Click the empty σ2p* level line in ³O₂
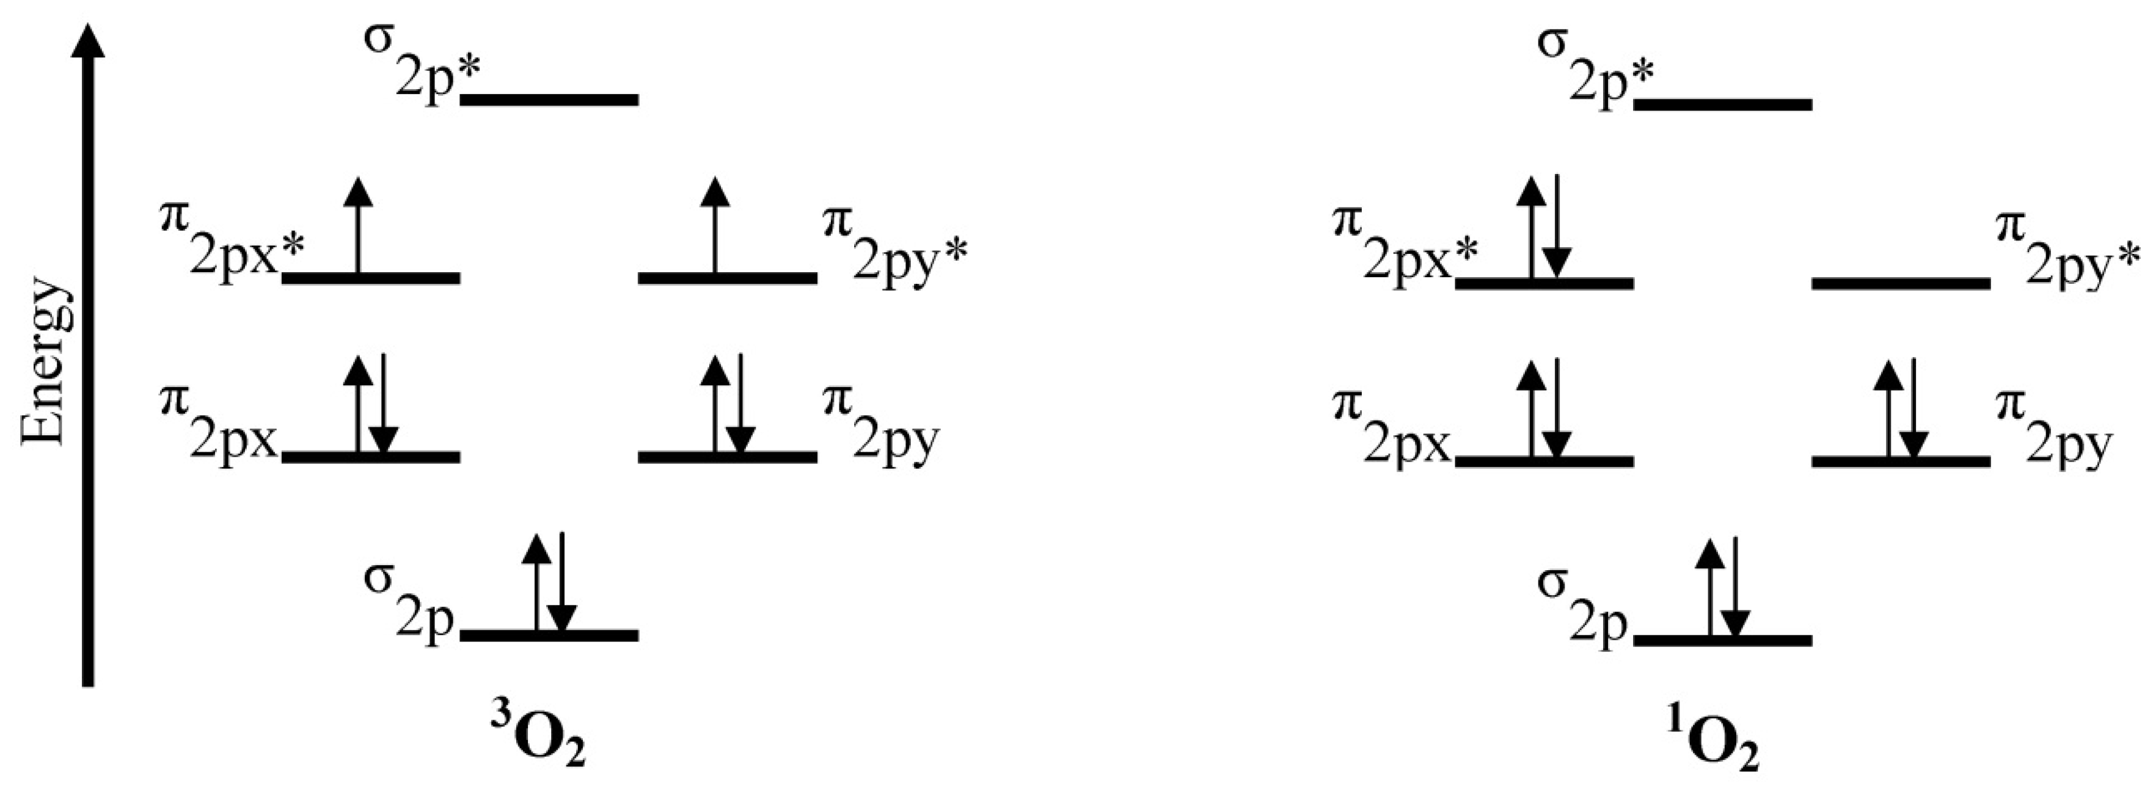[x=550, y=100]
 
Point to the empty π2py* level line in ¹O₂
[x=1901, y=284]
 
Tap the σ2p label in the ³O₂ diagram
[x=409, y=596]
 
